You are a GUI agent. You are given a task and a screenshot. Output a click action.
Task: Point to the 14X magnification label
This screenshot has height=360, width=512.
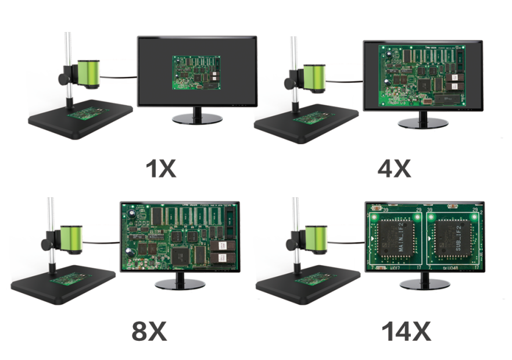coord(406,332)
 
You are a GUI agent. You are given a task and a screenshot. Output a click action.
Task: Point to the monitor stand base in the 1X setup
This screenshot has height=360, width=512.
coord(198,118)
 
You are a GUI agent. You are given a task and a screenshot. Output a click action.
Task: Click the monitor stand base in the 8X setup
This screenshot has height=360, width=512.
coord(181,284)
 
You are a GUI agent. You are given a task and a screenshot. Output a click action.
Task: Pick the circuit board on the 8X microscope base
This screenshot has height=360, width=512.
coord(68,280)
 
